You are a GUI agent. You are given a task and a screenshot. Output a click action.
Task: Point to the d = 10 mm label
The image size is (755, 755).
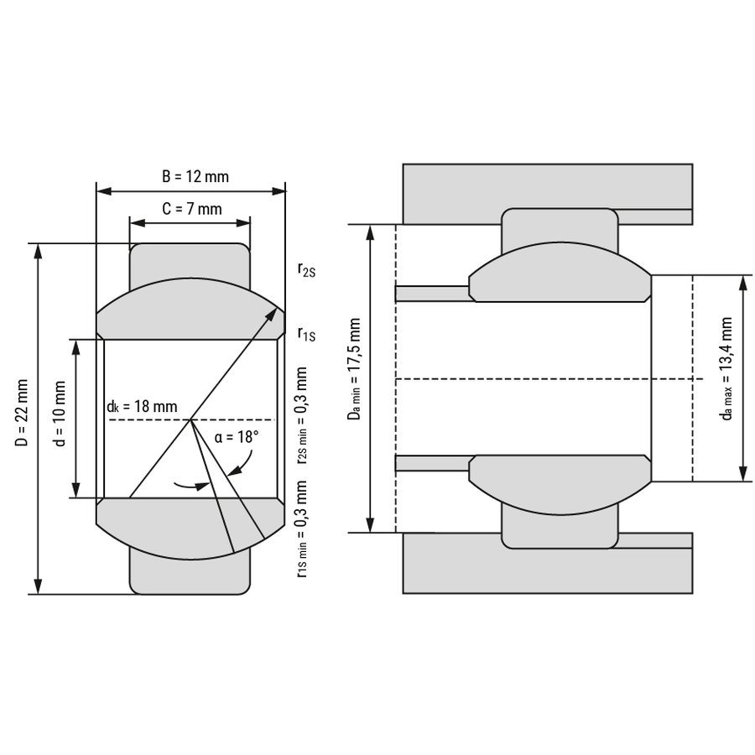point(60,418)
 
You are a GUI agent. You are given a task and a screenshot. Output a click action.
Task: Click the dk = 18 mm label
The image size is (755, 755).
point(142,406)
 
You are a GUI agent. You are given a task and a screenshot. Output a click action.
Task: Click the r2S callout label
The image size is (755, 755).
point(306,270)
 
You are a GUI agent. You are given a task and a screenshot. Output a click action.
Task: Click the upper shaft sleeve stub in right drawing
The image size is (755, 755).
point(431,294)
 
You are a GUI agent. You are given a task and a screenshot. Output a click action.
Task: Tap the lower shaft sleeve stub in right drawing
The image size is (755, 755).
point(431,463)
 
